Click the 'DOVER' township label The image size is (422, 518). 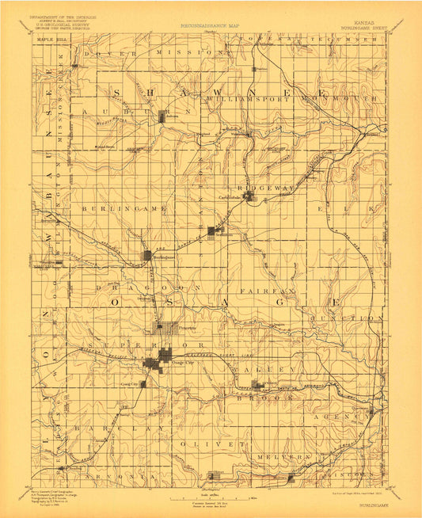[111, 53]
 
